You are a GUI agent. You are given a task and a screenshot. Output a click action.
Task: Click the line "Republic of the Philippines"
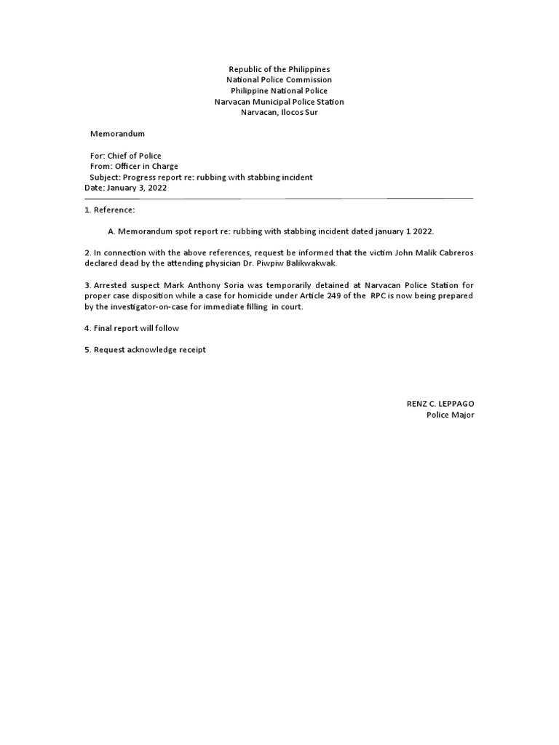click(x=279, y=68)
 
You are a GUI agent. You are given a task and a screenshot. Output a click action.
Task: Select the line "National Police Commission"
click(x=279, y=79)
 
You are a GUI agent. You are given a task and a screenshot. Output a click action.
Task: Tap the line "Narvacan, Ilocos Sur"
click(x=279, y=113)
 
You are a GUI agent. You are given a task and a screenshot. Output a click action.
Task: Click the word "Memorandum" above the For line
click(x=117, y=134)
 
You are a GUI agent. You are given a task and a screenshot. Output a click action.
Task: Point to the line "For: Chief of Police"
click(x=125, y=156)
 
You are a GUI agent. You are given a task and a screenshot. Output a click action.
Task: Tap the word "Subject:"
click(x=105, y=178)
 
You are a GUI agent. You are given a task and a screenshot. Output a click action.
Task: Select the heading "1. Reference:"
click(x=110, y=210)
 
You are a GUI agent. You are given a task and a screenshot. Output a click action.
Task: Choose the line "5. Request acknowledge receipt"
click(x=145, y=350)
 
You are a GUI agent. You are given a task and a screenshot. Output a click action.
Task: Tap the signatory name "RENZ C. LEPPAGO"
click(x=440, y=404)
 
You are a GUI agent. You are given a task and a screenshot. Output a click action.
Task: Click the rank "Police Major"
click(x=450, y=415)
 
